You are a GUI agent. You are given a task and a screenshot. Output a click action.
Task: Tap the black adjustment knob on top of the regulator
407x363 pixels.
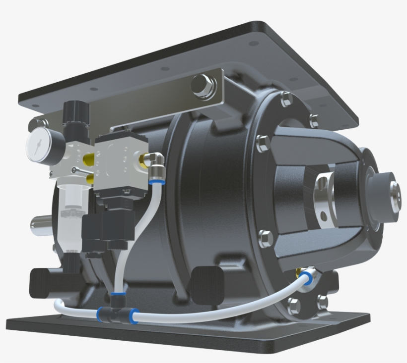click(x=73, y=110)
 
